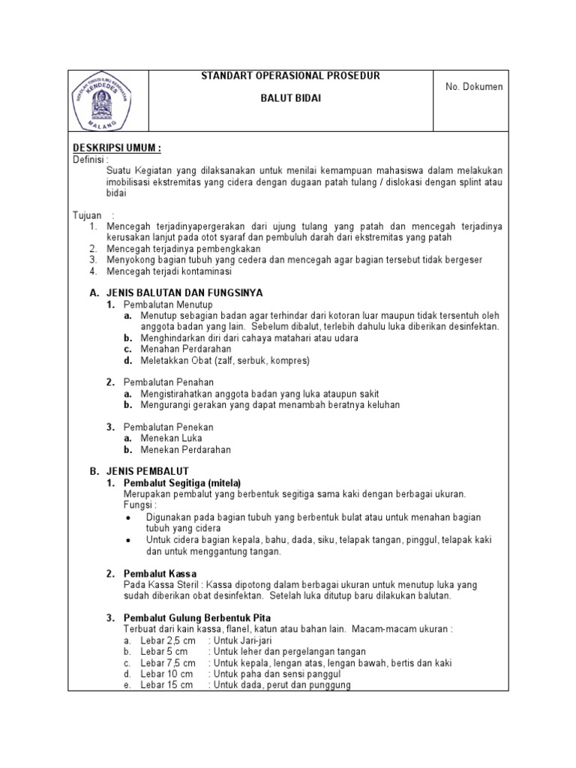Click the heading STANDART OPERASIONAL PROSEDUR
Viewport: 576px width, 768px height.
[x=291, y=76]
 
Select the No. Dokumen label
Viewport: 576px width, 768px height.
[x=474, y=87]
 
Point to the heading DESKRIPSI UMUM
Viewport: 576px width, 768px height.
[x=116, y=148]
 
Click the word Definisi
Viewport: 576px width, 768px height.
[x=90, y=159]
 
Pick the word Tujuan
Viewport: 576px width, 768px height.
[x=87, y=215]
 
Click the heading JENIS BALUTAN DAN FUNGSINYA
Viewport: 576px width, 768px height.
[x=184, y=292]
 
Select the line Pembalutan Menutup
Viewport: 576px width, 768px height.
[x=168, y=304]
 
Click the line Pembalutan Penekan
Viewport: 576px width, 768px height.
[x=168, y=427]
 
